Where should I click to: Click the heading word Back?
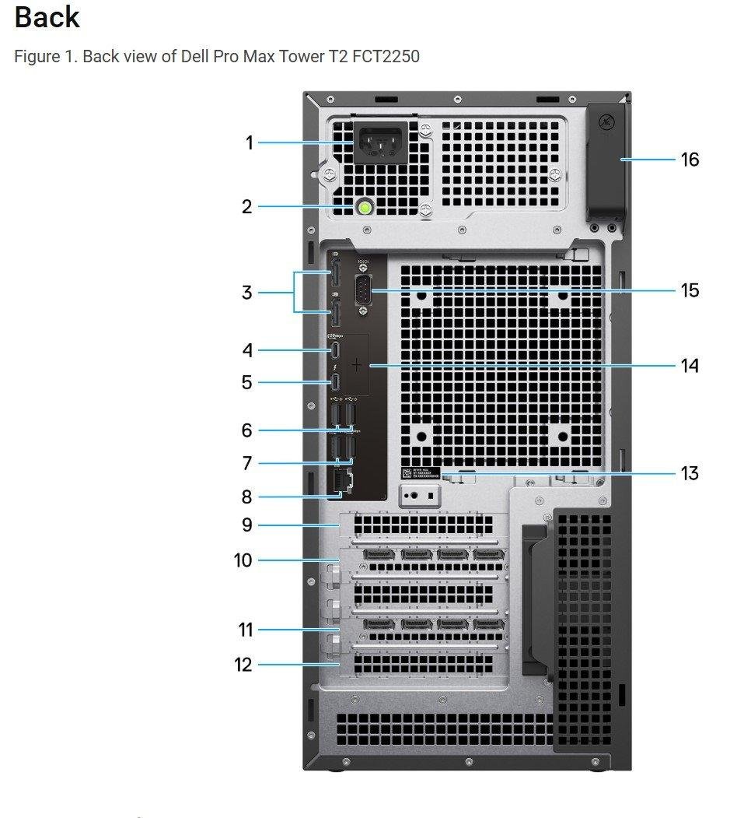(x=47, y=17)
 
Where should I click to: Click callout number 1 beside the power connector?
(x=250, y=143)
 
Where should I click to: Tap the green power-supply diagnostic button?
(x=365, y=207)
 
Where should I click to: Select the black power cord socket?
(x=381, y=144)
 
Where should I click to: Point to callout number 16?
(x=690, y=160)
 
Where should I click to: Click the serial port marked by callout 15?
(x=364, y=290)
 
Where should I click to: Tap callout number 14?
(x=690, y=365)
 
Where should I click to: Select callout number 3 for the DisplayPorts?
(x=247, y=293)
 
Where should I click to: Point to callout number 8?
(x=247, y=497)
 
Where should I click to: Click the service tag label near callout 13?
(x=421, y=474)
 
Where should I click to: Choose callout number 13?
(x=690, y=473)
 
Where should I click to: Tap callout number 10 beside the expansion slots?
(x=243, y=560)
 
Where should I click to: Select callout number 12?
(x=243, y=665)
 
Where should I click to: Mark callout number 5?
(x=247, y=382)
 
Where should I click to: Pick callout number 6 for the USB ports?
(x=247, y=430)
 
